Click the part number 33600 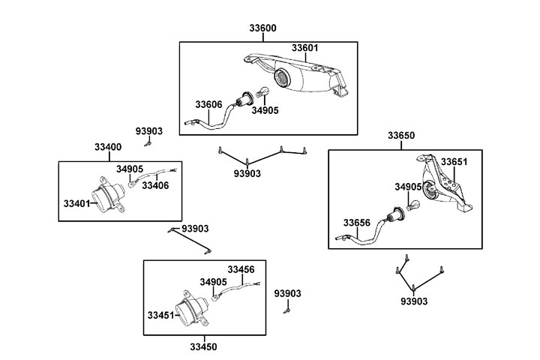[x=262, y=29]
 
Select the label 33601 [x=304, y=48]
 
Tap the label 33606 [x=208, y=104]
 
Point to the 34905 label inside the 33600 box [x=265, y=110]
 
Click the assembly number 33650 [x=400, y=136]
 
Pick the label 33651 [x=453, y=161]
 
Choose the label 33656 [x=357, y=222]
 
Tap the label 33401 [x=76, y=202]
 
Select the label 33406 [x=155, y=185]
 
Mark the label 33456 [x=241, y=269]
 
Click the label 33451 [x=161, y=315]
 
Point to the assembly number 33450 [x=202, y=346]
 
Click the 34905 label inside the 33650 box [x=408, y=186]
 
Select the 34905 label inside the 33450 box [x=213, y=282]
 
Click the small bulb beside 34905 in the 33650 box [x=413, y=201]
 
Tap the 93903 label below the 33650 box [x=413, y=301]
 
